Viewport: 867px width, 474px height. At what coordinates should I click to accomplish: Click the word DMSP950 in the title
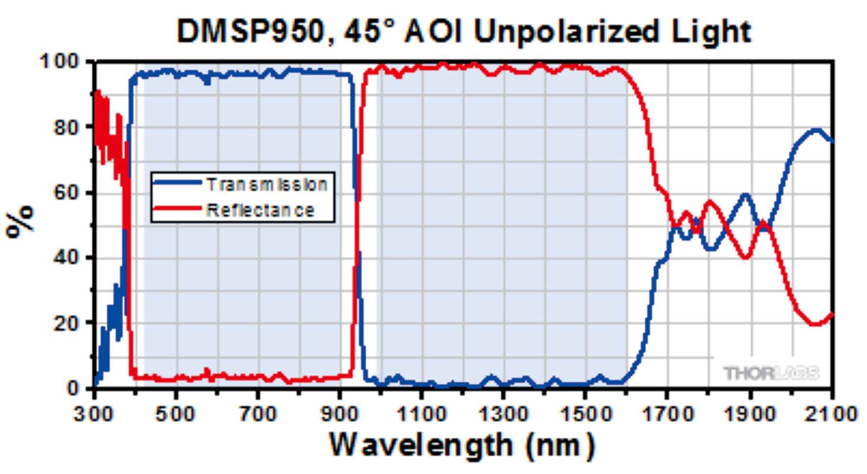[x=251, y=32]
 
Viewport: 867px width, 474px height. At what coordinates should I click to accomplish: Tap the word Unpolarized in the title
[x=566, y=32]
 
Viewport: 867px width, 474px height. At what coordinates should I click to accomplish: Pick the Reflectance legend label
[x=260, y=211]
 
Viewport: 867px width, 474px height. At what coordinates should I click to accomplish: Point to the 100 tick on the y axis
[x=59, y=62]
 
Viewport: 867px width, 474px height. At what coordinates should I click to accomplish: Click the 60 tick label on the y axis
[x=66, y=192]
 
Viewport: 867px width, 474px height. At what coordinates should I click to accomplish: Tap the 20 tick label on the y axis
[x=66, y=323]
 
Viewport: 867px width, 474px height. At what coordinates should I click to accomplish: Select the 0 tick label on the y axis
[x=73, y=388]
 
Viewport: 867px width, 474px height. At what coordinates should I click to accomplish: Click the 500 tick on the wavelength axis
[x=175, y=414]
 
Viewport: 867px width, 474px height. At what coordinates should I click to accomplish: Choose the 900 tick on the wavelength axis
[x=339, y=414]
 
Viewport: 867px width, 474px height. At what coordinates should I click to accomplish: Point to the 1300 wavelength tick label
[x=503, y=414]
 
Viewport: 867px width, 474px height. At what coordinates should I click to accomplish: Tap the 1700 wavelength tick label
[x=667, y=414]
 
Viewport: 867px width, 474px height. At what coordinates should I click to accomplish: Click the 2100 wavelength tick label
[x=830, y=414]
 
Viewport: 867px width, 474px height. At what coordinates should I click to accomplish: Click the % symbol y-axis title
[x=21, y=221]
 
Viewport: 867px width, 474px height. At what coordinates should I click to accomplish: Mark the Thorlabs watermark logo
[x=771, y=373]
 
